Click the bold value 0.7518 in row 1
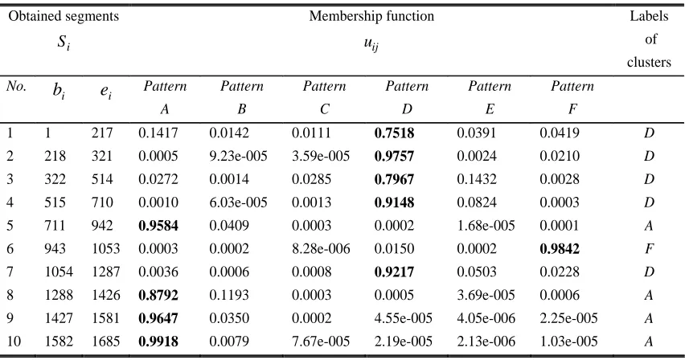[394, 133]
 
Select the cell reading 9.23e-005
[238, 156]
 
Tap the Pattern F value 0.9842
[560, 248]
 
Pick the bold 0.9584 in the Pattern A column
[158, 226]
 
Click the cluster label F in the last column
[649, 248]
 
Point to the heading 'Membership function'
[371, 16]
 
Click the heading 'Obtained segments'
[64, 16]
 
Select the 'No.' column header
[17, 86]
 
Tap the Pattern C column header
[325, 97]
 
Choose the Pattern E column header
[490, 97]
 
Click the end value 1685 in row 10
[105, 342]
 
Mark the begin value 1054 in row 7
[59, 272]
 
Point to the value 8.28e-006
[321, 248]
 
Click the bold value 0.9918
[158, 342]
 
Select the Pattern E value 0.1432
[477, 179]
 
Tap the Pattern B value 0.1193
[229, 295]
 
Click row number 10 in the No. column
[14, 342]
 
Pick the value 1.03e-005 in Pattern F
[568, 342]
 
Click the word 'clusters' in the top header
[649, 62]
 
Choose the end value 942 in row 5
[102, 226]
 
